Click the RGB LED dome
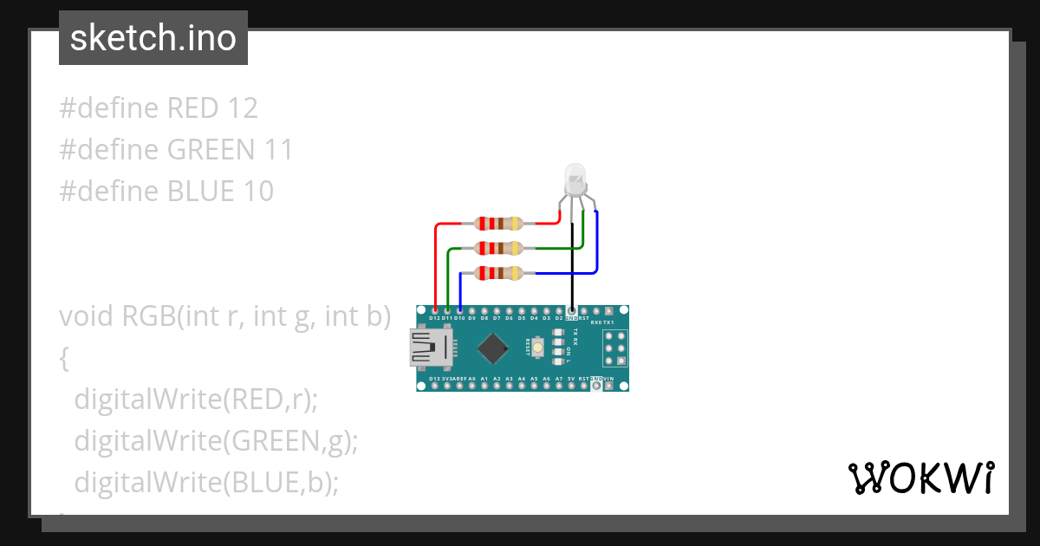pos(575,179)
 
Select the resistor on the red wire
pos(499,224)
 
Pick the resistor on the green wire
pos(499,249)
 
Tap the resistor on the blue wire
pos(499,274)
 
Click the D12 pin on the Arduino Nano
pos(434,310)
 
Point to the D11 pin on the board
pos(447,310)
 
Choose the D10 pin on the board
pos(459,310)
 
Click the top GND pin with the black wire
pos(571,310)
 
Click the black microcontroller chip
pos(492,348)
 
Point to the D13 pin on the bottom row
pos(434,386)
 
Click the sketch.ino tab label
pos(153,38)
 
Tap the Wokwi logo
pos(920,478)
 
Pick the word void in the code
pos(87,316)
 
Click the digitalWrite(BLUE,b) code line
pos(205,482)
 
